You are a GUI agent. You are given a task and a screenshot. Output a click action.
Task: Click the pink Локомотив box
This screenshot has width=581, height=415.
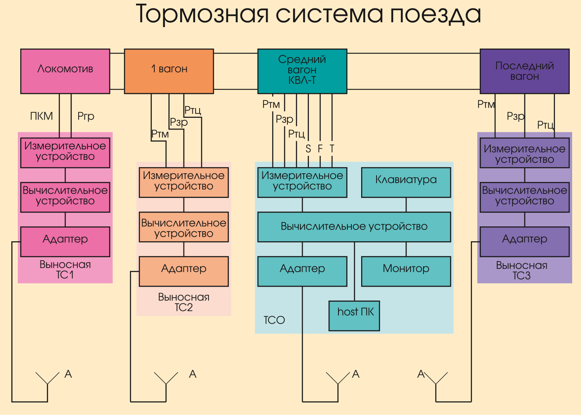(65, 71)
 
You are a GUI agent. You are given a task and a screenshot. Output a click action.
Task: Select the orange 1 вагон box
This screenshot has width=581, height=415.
(169, 71)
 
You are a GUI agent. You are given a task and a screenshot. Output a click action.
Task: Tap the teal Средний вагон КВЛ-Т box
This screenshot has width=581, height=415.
(302, 71)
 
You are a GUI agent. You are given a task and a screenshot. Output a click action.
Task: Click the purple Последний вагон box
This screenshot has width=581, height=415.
(524, 71)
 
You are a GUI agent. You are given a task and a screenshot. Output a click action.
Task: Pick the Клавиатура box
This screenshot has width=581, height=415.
(406, 182)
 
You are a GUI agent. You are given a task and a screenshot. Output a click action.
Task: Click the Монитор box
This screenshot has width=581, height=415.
(406, 271)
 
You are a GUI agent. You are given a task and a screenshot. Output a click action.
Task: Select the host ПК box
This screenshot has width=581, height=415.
(354, 315)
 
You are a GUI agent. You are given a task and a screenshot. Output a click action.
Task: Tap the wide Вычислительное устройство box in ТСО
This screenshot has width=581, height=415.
(354, 227)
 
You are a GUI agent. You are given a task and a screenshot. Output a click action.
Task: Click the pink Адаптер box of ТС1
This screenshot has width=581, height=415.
(65, 241)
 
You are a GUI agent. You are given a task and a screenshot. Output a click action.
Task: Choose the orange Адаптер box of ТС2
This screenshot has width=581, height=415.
(183, 271)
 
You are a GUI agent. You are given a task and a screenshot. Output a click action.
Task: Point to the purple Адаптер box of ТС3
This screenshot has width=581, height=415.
(524, 241)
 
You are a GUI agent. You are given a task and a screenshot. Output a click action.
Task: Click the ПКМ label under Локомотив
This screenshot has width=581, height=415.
(41, 116)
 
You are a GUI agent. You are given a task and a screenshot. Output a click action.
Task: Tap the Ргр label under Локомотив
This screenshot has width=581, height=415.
(86, 116)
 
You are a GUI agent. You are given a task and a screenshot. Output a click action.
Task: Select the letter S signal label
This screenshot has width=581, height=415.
(308, 149)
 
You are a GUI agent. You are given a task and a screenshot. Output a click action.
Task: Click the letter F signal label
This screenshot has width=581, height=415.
(320, 149)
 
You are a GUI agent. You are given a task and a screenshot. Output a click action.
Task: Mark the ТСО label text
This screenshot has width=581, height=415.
(274, 320)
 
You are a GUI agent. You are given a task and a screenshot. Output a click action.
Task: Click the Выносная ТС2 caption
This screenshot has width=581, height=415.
(183, 302)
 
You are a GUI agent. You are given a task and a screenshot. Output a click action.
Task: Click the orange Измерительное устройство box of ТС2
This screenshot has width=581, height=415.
(183, 182)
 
